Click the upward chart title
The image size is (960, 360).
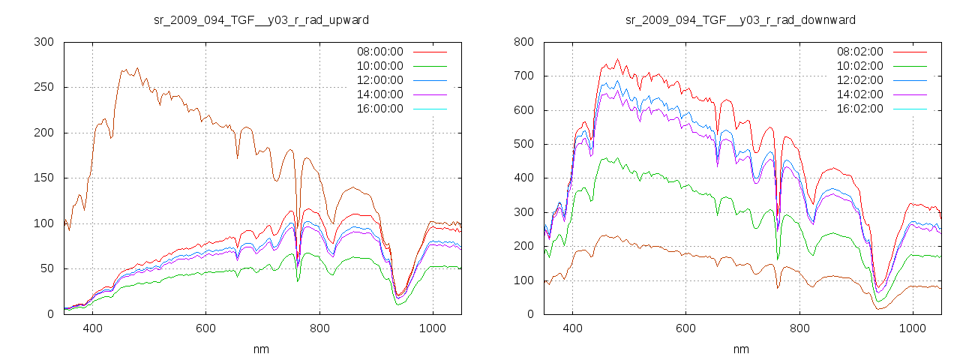[x=261, y=19]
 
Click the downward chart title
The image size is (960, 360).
[x=740, y=19]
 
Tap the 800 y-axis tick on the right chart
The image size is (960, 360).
[x=523, y=42]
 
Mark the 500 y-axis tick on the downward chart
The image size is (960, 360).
[x=523, y=144]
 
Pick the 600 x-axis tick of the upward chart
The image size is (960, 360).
[x=205, y=328]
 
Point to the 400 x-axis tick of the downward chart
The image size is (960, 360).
[x=572, y=328]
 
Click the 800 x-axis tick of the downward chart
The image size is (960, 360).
[x=799, y=328]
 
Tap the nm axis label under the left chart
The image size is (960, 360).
[x=261, y=349]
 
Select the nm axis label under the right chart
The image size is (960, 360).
[x=740, y=349]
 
